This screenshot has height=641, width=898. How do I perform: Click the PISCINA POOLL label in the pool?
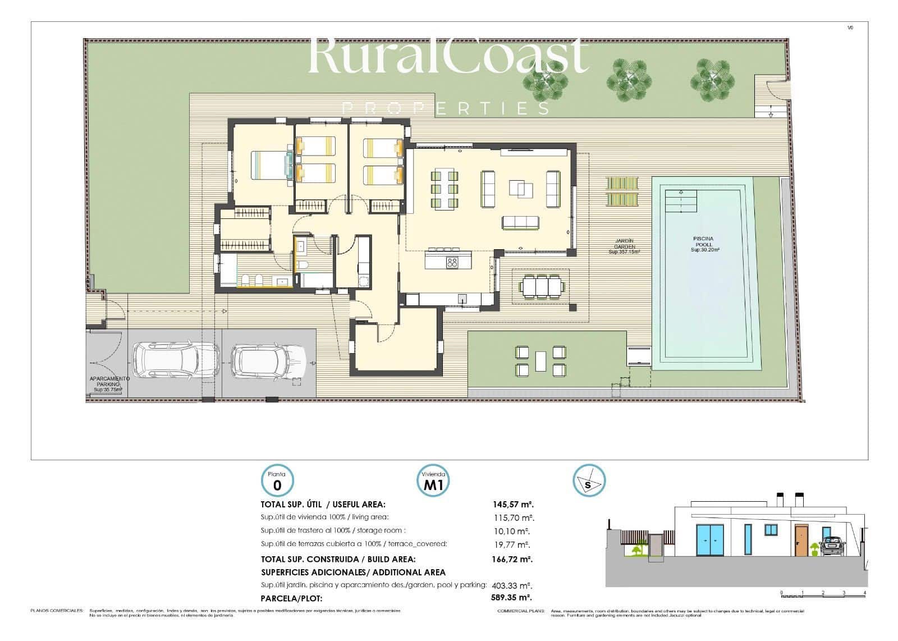[x=702, y=244]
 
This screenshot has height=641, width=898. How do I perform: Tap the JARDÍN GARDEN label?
[x=624, y=246]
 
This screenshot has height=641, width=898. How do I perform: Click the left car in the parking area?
[x=175, y=360]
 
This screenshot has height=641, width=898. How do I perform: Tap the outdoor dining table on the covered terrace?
[x=541, y=286]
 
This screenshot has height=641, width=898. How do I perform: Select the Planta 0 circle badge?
[x=277, y=481]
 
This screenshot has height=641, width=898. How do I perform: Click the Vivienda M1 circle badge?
[x=434, y=481]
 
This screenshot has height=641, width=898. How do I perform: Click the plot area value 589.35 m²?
[x=512, y=598]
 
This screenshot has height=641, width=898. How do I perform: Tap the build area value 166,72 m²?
[x=512, y=559]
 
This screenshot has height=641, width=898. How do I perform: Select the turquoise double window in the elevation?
[x=709, y=539]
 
